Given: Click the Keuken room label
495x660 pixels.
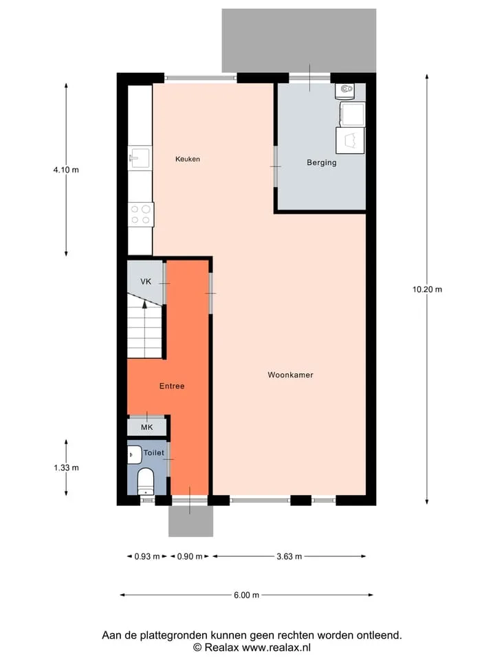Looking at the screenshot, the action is click(x=188, y=159).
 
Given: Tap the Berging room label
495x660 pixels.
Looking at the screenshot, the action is click(x=322, y=162).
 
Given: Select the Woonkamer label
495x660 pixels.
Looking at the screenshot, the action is click(x=290, y=375).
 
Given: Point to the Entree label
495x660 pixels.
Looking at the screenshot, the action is click(x=172, y=386).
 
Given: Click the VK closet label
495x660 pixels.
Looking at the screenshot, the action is click(x=146, y=282).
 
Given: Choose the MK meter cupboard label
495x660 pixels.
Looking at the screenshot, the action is click(x=147, y=428).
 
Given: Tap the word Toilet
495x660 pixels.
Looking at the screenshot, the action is click(x=154, y=453).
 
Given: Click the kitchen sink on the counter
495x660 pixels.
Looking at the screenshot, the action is click(x=140, y=157).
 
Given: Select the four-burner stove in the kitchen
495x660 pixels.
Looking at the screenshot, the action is click(x=140, y=214).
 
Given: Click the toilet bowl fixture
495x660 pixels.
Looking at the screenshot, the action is click(x=146, y=481).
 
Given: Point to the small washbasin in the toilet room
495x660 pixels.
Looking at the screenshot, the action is click(x=134, y=455).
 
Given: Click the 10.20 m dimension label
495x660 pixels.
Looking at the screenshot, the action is click(x=427, y=289).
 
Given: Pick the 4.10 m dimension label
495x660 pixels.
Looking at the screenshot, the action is click(x=66, y=170).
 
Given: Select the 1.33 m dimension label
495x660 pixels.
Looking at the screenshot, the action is click(x=66, y=467).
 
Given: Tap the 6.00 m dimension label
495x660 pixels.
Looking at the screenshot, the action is click(x=247, y=595).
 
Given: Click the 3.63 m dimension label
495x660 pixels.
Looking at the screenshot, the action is click(x=289, y=556).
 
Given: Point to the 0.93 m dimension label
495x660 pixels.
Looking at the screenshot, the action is click(x=147, y=556).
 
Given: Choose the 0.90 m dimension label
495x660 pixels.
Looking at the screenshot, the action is click(x=190, y=556).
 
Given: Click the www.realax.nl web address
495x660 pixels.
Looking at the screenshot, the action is click(x=276, y=648).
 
